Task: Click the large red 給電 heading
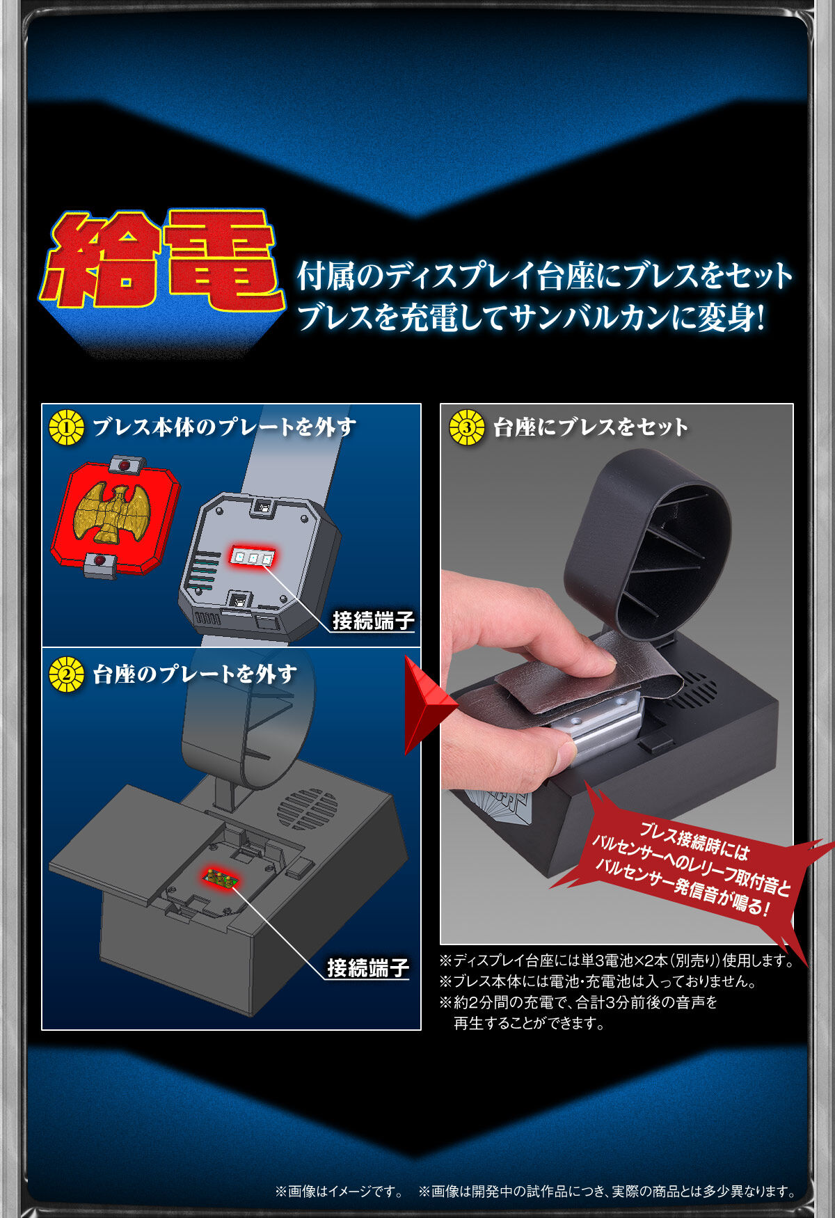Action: tap(161, 259)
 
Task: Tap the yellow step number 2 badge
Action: tap(67, 674)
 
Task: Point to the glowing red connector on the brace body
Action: tap(252, 557)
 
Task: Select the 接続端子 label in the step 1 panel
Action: tap(374, 620)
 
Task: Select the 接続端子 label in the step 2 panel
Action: tap(368, 967)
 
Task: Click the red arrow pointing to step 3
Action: tap(429, 704)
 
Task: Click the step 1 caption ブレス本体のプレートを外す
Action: tap(224, 427)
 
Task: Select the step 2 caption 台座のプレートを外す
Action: tap(195, 674)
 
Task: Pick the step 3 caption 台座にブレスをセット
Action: tap(591, 427)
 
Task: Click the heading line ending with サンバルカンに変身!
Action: tap(531, 317)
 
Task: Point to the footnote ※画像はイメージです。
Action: tap(339, 1192)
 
